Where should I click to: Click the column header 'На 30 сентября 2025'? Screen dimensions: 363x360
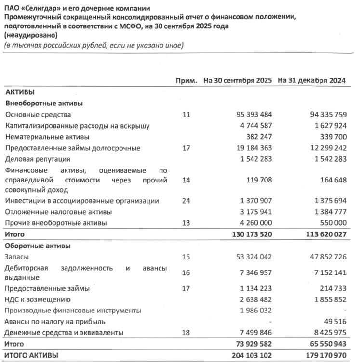click(x=238, y=80)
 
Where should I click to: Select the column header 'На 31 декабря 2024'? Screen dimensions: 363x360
click(x=313, y=80)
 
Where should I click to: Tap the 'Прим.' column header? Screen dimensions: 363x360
click(x=187, y=80)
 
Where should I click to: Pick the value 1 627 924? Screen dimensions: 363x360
click(x=326, y=126)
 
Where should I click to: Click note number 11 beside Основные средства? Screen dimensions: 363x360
click(x=187, y=115)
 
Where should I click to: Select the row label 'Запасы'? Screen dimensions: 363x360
click(x=17, y=258)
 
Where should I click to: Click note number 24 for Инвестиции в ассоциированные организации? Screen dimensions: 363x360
click(x=187, y=200)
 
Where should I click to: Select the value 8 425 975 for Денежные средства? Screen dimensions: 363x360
click(x=326, y=332)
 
